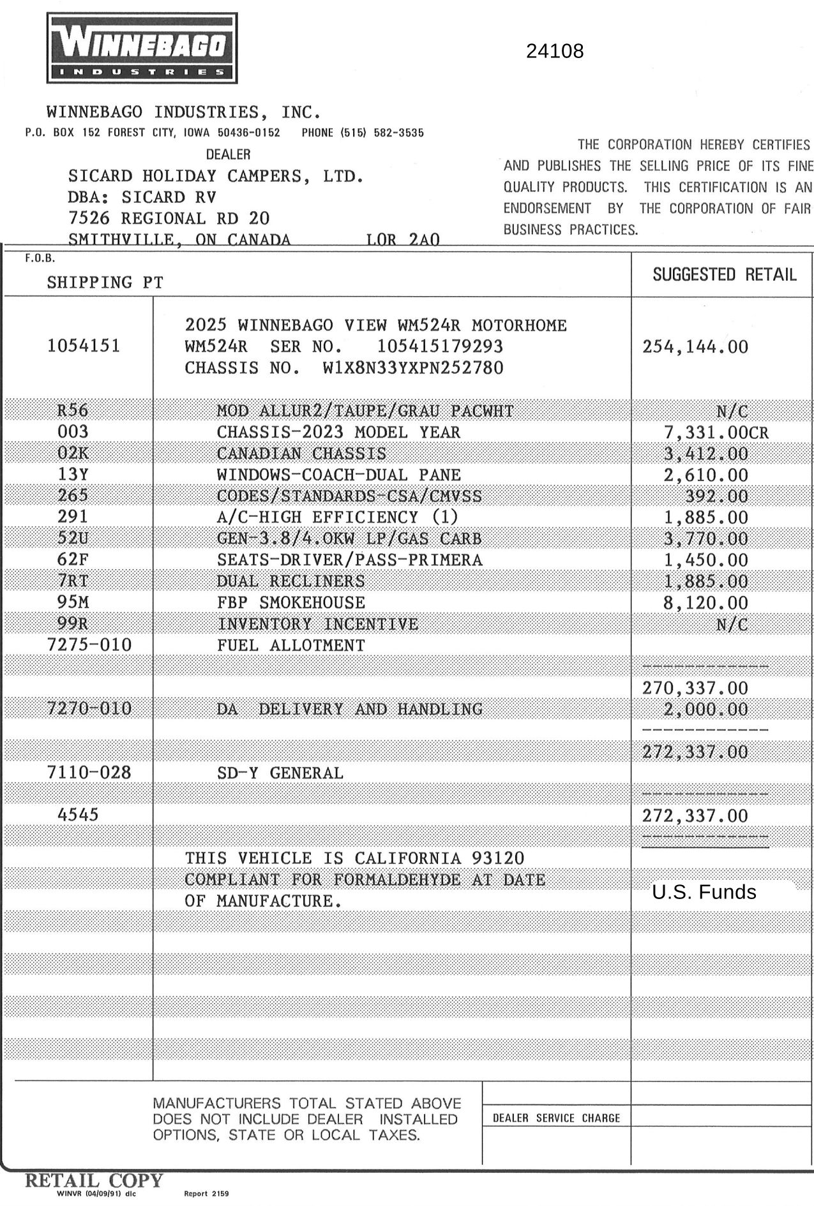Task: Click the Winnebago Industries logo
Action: click(x=142, y=48)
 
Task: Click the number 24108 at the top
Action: click(x=554, y=51)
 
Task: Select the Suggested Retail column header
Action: click(x=724, y=274)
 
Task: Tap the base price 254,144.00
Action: click(x=695, y=346)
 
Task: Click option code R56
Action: click(x=73, y=410)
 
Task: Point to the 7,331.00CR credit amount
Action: click(x=716, y=433)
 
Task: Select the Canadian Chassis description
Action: click(x=301, y=454)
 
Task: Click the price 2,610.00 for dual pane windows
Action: click(x=705, y=475)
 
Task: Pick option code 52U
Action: click(x=73, y=539)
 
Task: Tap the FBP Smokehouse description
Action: click(x=290, y=602)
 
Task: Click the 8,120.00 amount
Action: click(x=705, y=603)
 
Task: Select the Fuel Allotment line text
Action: click(x=290, y=645)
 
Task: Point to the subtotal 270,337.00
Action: click(x=695, y=688)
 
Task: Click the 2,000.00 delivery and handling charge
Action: click(x=705, y=709)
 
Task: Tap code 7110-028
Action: click(x=89, y=773)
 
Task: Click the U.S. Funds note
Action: click(x=704, y=891)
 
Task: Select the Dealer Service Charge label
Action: click(x=556, y=1118)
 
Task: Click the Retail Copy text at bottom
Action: click(x=94, y=1180)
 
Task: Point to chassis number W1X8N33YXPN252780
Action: click(x=413, y=368)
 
